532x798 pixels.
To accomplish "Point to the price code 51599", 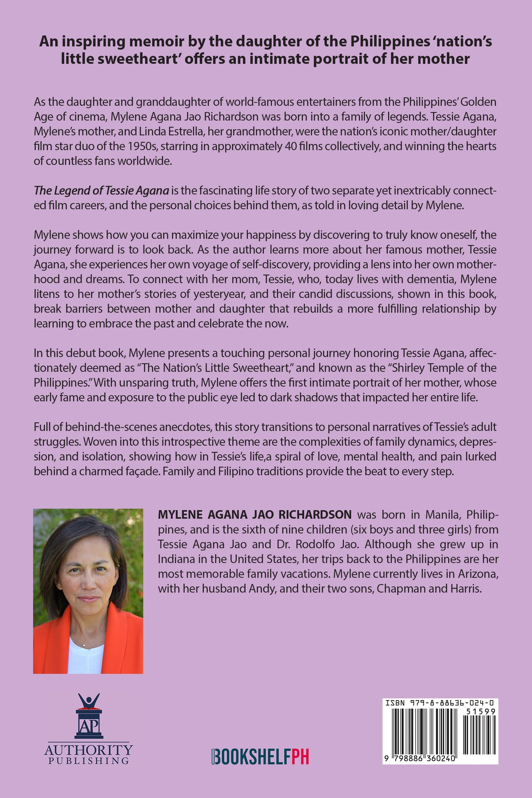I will (x=480, y=712).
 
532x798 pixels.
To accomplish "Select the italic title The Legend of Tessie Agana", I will (x=101, y=191).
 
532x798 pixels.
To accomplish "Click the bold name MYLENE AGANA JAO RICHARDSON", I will (x=255, y=515).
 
